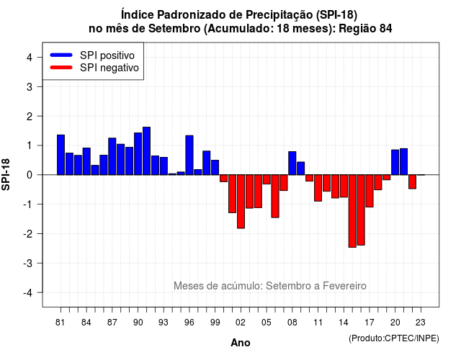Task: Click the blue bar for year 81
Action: pyautogui.click(x=61, y=155)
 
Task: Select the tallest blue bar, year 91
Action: pyautogui.click(x=146, y=151)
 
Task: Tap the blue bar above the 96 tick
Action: pyautogui.click(x=189, y=156)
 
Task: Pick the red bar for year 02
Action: pyautogui.click(x=241, y=202)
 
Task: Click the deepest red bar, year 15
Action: pyautogui.click(x=352, y=211)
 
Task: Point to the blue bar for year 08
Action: pyautogui.click(x=292, y=163)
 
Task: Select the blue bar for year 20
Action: pyautogui.click(x=395, y=162)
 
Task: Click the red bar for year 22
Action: pyautogui.click(x=412, y=181)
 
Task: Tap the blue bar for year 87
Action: pyautogui.click(x=112, y=156)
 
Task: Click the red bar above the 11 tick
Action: pyautogui.click(x=318, y=188)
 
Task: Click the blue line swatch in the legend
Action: pyautogui.click(x=61, y=55)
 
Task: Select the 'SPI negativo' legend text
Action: pyautogui.click(x=109, y=68)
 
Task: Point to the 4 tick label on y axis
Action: pyautogui.click(x=30, y=58)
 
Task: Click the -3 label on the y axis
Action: pyautogui.click(x=28, y=264)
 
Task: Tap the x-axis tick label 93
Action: pyautogui.click(x=164, y=323)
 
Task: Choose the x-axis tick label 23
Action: pyautogui.click(x=421, y=323)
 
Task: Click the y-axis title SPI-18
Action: pyautogui.click(x=6, y=174)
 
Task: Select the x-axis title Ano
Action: pyautogui.click(x=241, y=343)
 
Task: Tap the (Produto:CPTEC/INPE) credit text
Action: pyautogui.click(x=394, y=338)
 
